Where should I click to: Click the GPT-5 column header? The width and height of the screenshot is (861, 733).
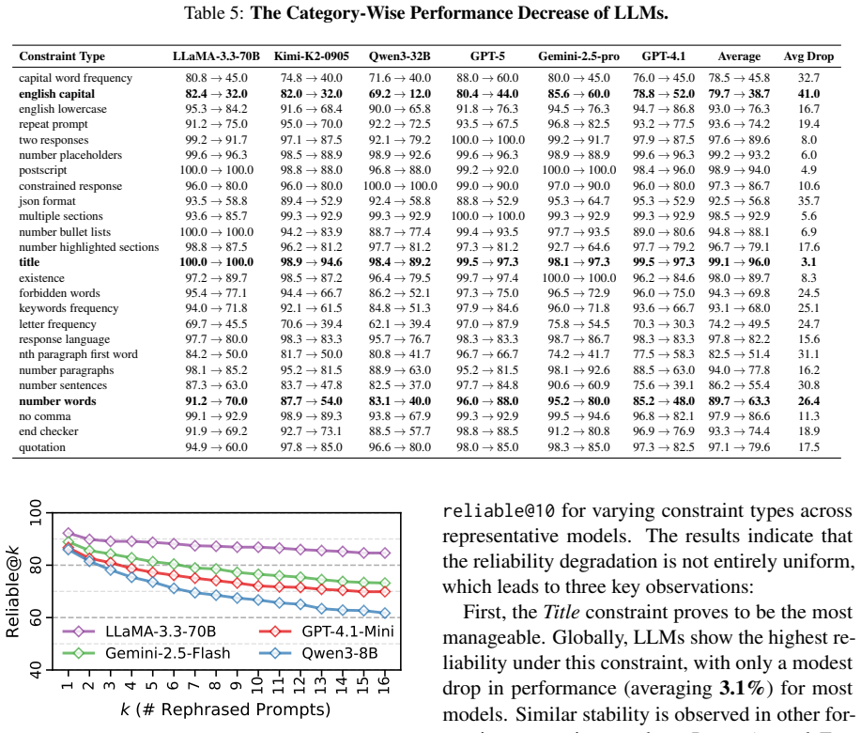pyautogui.click(x=487, y=56)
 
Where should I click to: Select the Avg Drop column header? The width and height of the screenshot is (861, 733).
pyautogui.click(x=808, y=56)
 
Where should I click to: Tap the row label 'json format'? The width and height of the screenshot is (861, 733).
pyautogui.click(x=47, y=201)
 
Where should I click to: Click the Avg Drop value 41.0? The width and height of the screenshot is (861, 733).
pyautogui.click(x=808, y=94)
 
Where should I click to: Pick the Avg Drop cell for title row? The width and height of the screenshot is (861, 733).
pyautogui.click(x=808, y=262)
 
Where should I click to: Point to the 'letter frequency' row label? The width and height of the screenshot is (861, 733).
pyautogui.click(x=57, y=324)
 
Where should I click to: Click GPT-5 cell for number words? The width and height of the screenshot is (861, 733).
pyautogui.click(x=487, y=401)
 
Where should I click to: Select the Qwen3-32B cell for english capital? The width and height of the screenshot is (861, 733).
pyautogui.click(x=400, y=94)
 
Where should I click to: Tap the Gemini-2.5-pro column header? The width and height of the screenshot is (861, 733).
pyautogui.click(x=578, y=56)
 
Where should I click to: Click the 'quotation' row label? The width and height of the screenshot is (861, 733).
pyautogui.click(x=42, y=447)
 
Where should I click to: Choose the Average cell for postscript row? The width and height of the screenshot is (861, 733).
pyautogui.click(x=739, y=170)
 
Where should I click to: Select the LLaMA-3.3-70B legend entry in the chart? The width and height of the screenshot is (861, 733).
pyautogui.click(x=140, y=632)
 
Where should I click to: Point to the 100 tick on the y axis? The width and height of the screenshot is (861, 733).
pyautogui.click(x=36, y=512)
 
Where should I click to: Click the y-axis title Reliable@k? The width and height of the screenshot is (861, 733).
pyautogui.click(x=12, y=592)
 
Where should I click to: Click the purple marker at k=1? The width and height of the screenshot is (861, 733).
pyautogui.click(x=69, y=533)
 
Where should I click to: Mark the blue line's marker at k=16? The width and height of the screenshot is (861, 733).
pyautogui.click(x=384, y=613)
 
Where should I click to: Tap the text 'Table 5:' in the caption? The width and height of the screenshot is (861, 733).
pyautogui.click(x=213, y=13)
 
